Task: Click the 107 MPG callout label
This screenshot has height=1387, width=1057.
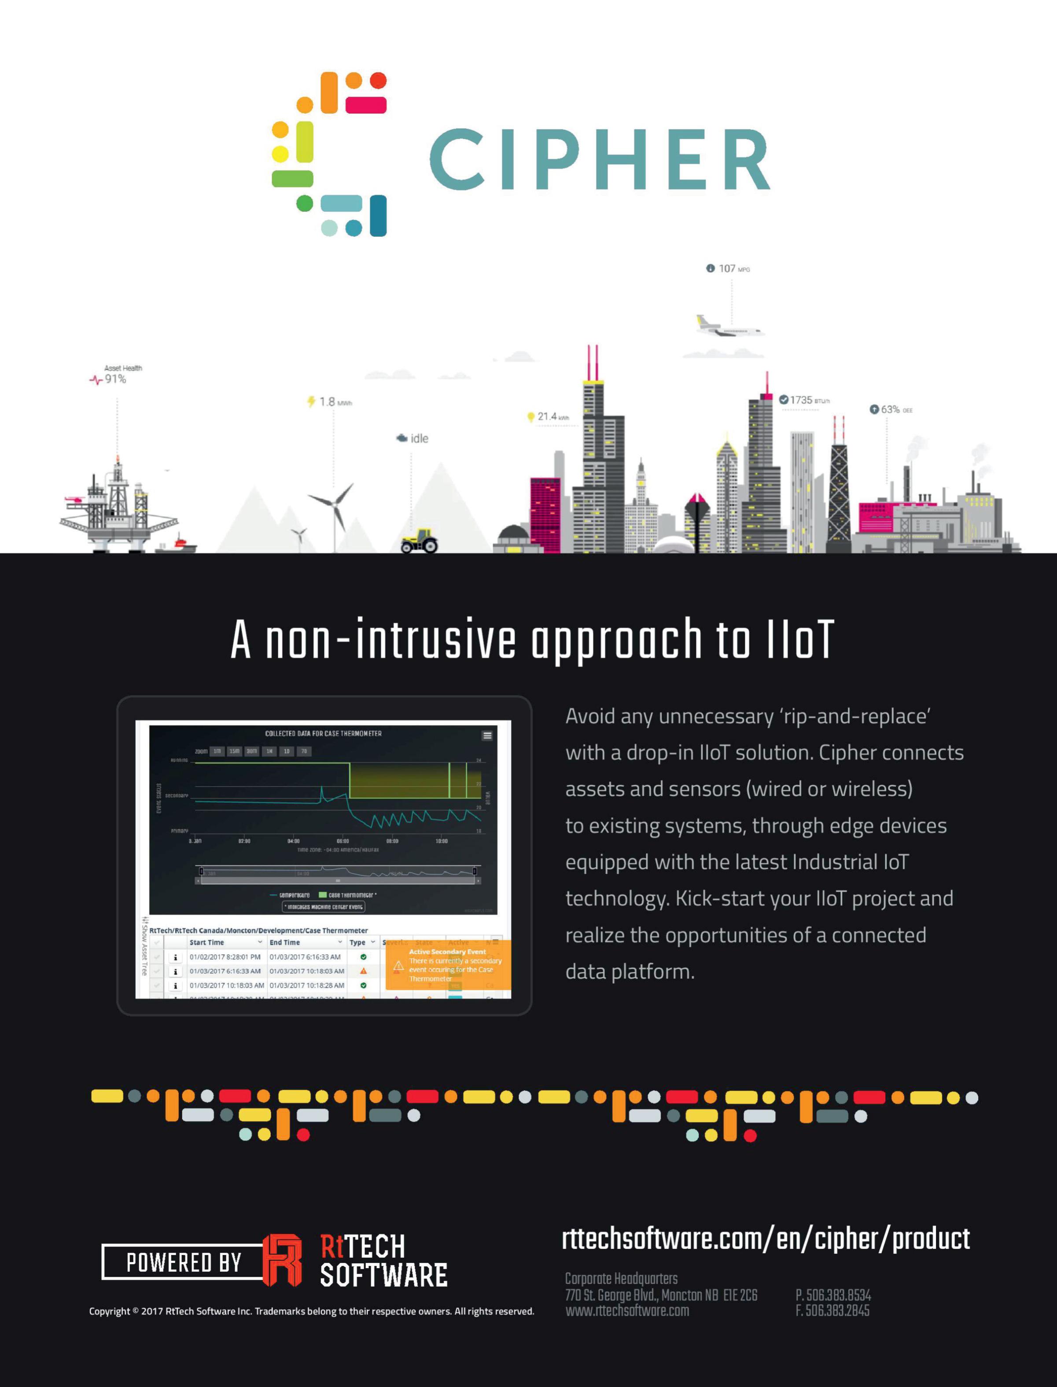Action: (x=728, y=269)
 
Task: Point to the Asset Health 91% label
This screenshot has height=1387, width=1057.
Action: (x=116, y=375)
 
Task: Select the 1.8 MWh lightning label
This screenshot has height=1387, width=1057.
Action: (x=330, y=401)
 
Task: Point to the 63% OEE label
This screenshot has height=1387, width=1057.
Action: (x=891, y=409)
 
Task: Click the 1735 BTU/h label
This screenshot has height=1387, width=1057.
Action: (x=805, y=400)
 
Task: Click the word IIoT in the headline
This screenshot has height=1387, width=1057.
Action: (x=799, y=640)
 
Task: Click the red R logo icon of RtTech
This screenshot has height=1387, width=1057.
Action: (x=282, y=1260)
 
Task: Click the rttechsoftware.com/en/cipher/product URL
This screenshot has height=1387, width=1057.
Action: (x=765, y=1239)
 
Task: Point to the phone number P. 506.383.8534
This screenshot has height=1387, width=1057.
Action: (x=833, y=1295)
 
